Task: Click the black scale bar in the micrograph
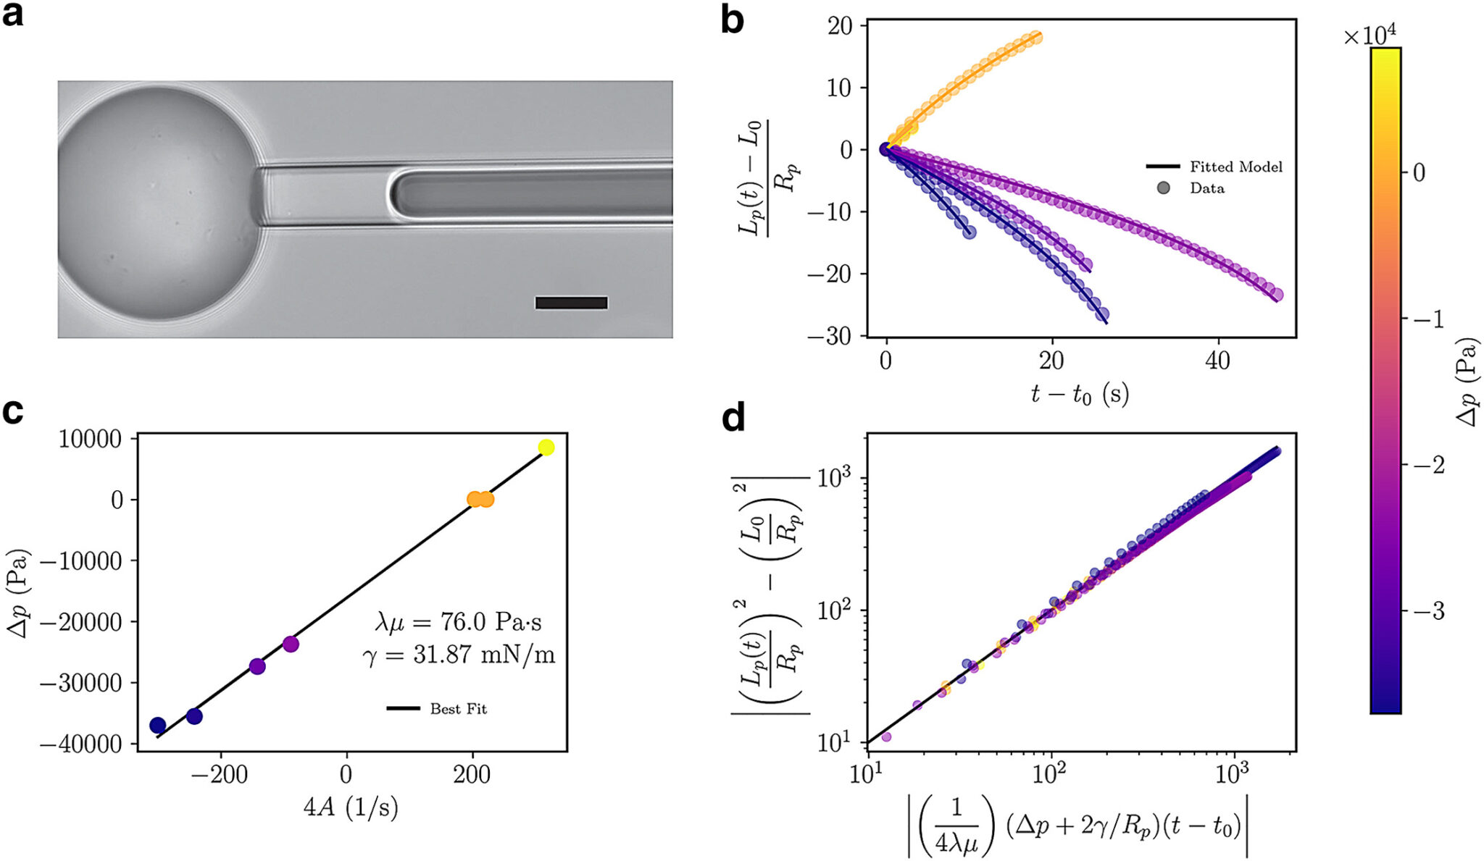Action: [x=571, y=303]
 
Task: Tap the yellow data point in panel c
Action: [x=546, y=448]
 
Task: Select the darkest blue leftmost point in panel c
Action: [x=157, y=725]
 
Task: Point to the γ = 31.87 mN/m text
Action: [x=458, y=655]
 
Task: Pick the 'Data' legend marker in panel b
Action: [x=1164, y=188]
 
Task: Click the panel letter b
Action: [x=733, y=20]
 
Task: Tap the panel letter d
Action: [x=733, y=419]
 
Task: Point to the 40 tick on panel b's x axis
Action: [x=1217, y=361]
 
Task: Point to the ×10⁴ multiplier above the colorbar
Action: [x=1370, y=35]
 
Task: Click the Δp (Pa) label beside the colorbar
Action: [x=1467, y=382]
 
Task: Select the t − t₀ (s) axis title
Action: [x=1079, y=395]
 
